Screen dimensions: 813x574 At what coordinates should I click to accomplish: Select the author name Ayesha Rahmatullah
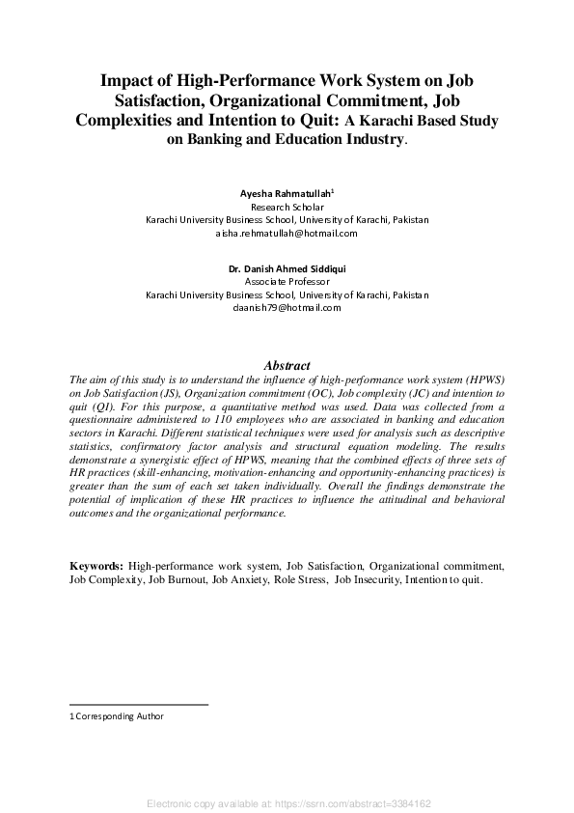click(286, 194)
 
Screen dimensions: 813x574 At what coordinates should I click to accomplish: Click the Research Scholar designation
click(287, 207)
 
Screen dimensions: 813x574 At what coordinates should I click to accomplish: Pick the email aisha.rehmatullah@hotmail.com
click(287, 233)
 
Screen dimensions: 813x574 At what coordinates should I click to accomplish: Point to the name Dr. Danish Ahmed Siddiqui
click(287, 267)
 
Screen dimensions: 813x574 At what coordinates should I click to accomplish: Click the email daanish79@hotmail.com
click(287, 307)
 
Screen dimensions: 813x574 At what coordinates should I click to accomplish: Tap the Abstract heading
click(287, 366)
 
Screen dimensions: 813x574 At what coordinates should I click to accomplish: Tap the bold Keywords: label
click(96, 565)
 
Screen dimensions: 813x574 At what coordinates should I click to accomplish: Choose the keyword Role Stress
click(300, 580)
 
